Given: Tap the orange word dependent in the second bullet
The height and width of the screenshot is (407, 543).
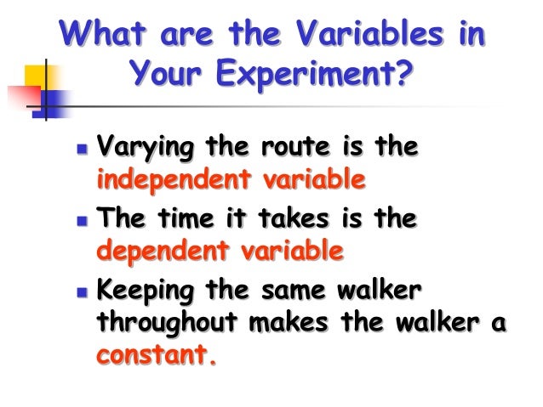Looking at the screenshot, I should (151, 252).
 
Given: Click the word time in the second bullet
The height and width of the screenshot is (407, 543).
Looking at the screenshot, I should (181, 220).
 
